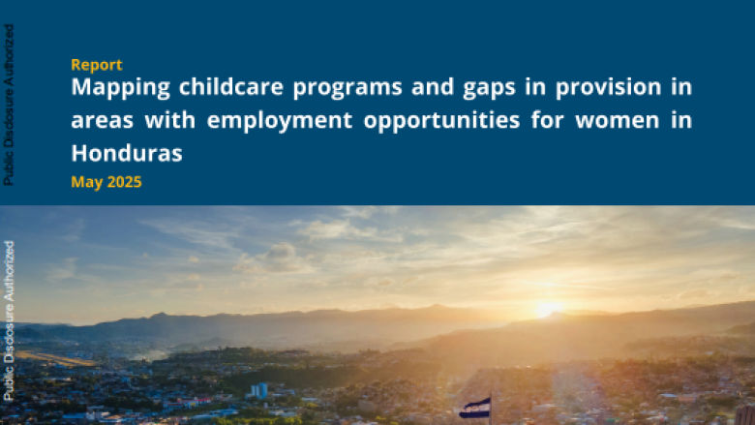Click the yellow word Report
point(96,65)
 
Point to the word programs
point(338,89)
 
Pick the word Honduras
point(127,153)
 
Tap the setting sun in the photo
point(547,309)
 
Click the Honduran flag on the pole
point(474,407)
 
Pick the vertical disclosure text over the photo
point(9,320)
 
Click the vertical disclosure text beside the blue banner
point(9,105)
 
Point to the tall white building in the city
point(259,390)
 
